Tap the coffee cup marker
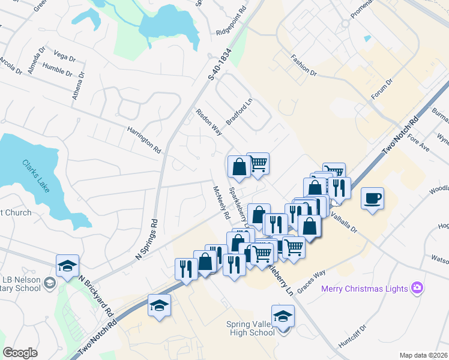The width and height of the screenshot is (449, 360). tap(373, 198)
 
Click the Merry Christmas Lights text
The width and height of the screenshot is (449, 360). tap(364, 289)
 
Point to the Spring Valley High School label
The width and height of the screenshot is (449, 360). tap(250, 329)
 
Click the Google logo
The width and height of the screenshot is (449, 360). tap(20, 353)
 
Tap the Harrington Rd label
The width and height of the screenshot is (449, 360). tap(144, 139)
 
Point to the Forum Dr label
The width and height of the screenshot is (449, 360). tap(381, 90)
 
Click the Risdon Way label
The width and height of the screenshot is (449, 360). tap(208, 122)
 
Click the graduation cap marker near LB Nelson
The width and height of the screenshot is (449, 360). tap(67, 265)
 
